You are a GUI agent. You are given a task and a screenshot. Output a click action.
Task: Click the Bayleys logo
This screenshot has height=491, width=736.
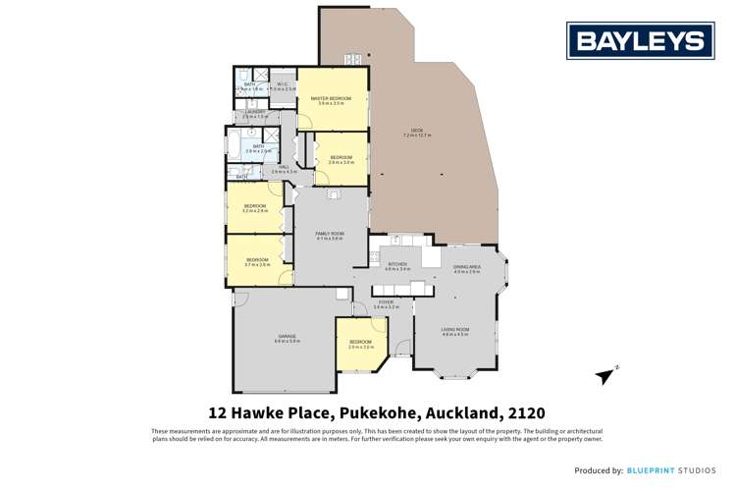pos(641,41)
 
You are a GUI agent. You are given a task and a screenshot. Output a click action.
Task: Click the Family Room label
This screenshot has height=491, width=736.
pos(330,233)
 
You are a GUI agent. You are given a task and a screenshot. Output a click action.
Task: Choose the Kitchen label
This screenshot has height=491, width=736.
pos(397,263)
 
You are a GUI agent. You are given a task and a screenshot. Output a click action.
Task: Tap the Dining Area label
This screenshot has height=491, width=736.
pos(466,267)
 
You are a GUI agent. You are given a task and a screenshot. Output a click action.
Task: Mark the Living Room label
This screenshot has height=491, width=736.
pos(454,330)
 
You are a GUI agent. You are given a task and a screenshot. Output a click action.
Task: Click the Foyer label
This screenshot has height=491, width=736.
pos(386,302)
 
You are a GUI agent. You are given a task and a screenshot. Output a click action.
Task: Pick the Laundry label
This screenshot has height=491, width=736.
pos(254,112)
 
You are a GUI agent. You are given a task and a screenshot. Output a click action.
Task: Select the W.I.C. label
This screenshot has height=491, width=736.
pos(282,84)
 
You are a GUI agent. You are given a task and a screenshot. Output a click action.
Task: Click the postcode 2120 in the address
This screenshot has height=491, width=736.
pos(525,412)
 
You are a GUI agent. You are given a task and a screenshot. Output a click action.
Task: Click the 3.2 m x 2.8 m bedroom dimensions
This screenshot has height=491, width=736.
pos(255,210)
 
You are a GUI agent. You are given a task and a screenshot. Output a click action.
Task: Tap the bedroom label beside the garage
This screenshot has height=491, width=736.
pos(360,342)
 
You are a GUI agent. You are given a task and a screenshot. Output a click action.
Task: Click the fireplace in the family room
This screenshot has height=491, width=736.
pos(333,193)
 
